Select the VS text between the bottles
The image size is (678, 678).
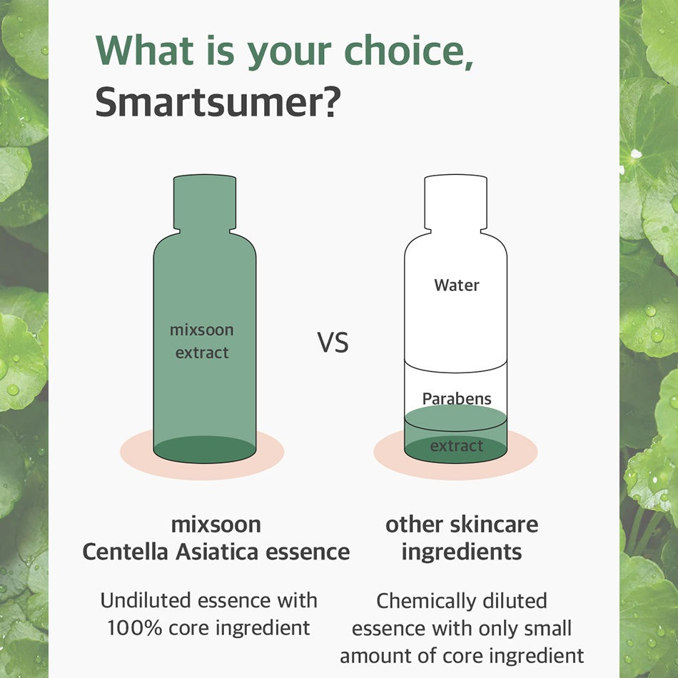click(333, 343)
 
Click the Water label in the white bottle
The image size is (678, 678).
click(457, 285)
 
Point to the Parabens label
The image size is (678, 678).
click(457, 398)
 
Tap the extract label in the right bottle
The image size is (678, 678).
click(457, 446)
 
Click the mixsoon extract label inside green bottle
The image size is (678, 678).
click(202, 341)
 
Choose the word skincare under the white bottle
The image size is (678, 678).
click(493, 525)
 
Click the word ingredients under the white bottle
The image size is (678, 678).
click(461, 552)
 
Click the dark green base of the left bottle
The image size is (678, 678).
click(205, 449)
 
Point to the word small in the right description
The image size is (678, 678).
click(545, 627)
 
